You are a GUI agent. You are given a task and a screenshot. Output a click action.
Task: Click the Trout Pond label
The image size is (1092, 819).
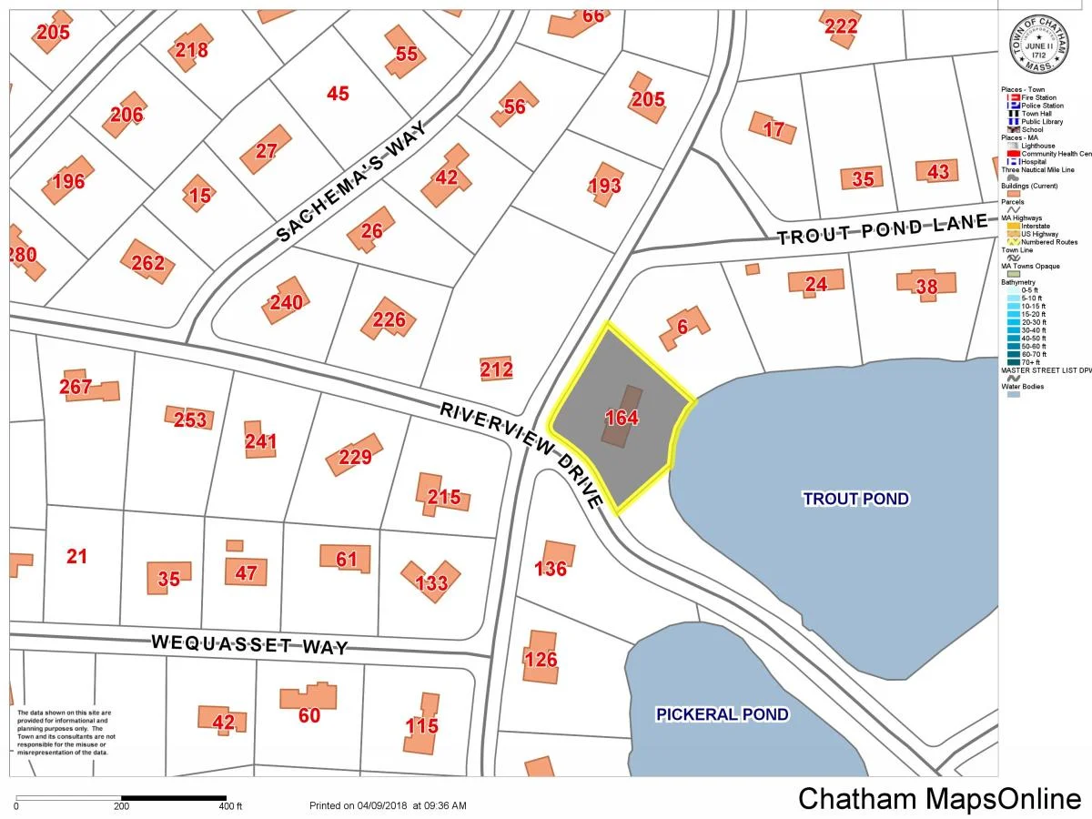[855, 499]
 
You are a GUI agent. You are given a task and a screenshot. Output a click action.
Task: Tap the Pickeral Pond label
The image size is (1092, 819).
[723, 714]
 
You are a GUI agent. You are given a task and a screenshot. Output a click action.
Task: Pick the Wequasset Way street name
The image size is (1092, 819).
[249, 645]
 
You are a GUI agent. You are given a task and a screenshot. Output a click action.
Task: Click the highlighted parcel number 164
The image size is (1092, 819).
[622, 419]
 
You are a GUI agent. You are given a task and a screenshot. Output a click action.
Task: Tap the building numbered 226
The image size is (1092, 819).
[389, 320]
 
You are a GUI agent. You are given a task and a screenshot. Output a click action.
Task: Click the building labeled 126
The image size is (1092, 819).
[541, 658]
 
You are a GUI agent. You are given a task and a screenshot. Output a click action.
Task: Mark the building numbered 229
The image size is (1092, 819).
[355, 456]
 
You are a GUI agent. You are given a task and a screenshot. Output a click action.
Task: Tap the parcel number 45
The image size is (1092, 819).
[338, 93]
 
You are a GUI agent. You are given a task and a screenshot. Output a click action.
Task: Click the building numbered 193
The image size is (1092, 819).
[605, 186]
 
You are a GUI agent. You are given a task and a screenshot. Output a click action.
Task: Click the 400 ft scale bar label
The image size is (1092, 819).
[230, 806]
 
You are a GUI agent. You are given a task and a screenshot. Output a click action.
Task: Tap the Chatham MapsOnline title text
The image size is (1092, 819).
[939, 799]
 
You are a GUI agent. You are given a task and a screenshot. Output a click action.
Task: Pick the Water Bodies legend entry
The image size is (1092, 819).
[1023, 387]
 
